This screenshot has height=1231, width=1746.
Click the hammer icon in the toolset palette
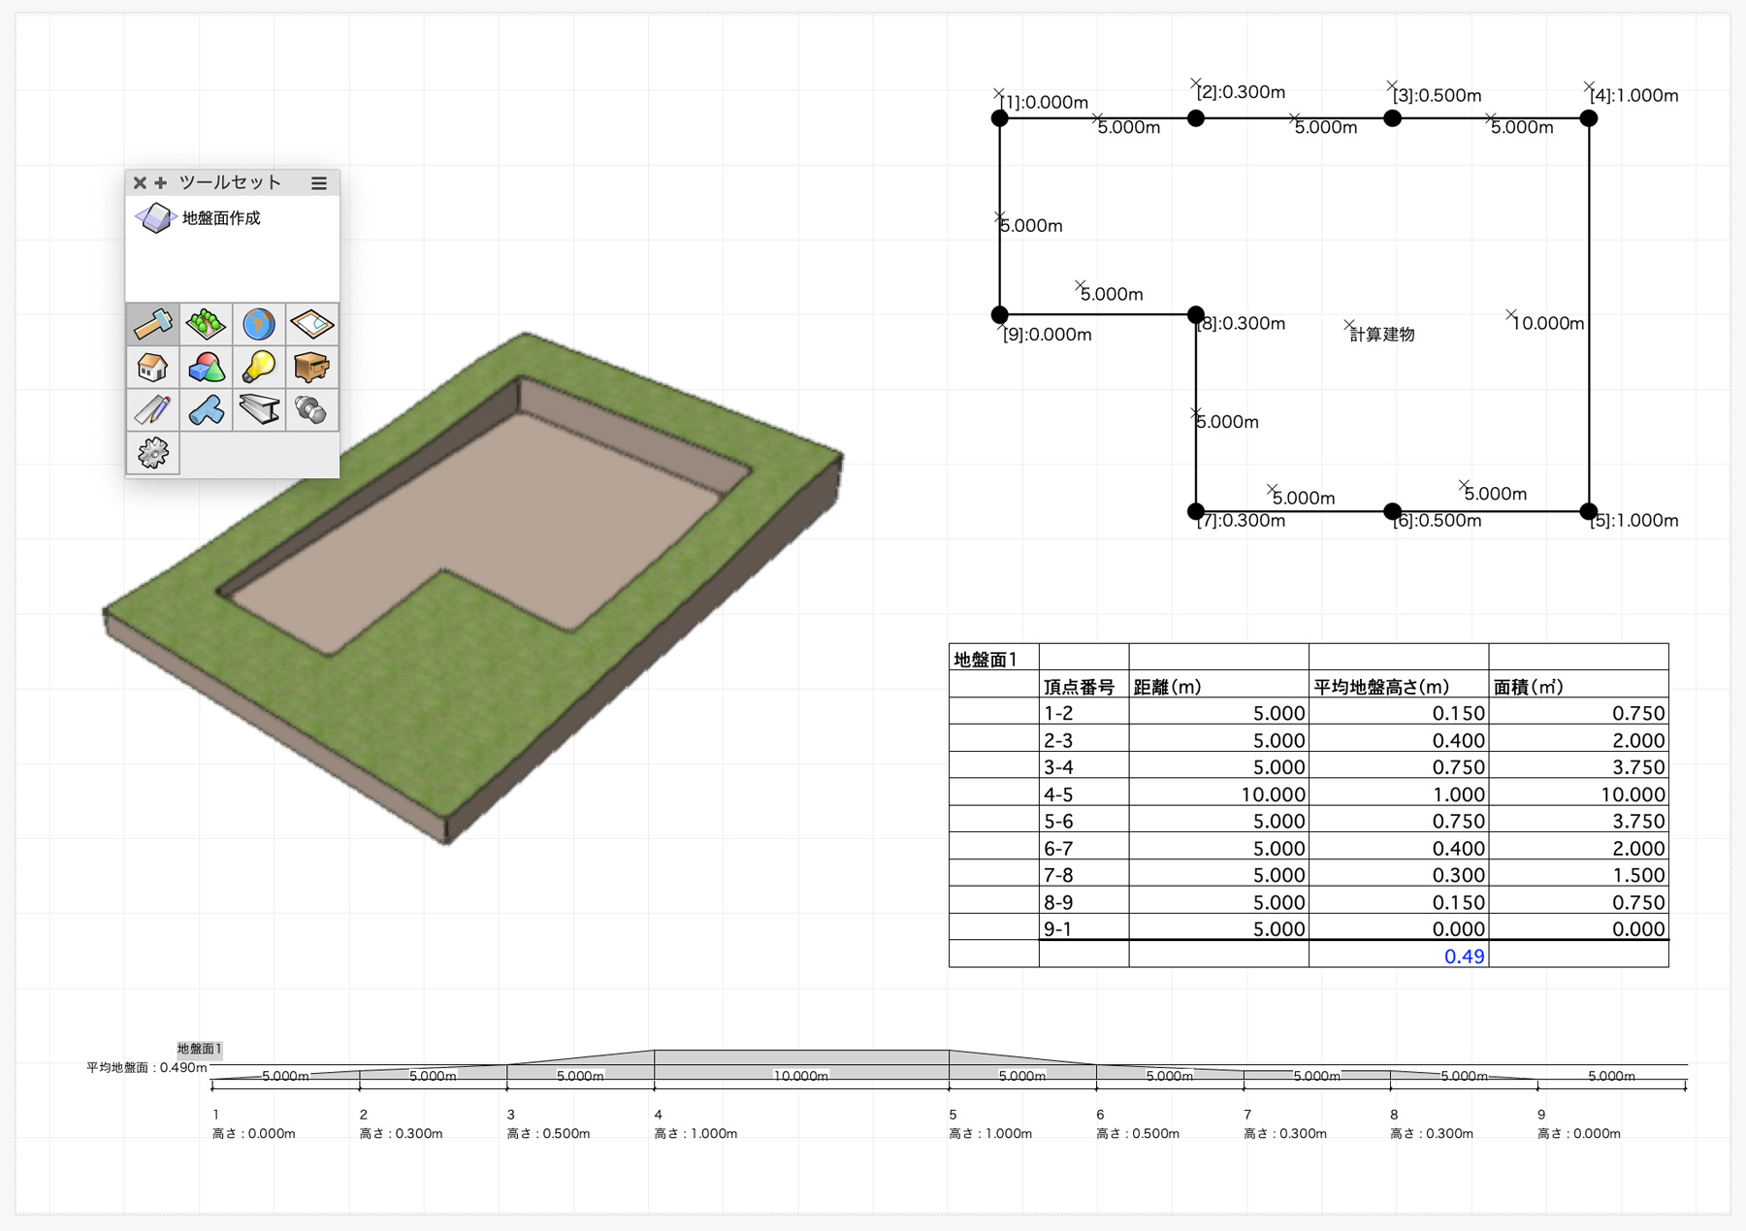tap(153, 324)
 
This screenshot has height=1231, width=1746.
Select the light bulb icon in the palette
tap(259, 367)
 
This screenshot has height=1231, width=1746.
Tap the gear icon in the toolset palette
tap(153, 452)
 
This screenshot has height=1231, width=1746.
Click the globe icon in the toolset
tap(259, 324)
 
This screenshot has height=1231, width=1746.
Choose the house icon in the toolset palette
tap(153, 368)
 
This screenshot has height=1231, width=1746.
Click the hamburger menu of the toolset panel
tap(319, 182)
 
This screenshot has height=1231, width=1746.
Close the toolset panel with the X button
tap(140, 182)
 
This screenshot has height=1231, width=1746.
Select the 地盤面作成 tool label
tap(221, 218)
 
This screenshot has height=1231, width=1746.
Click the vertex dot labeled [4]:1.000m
tap(1588, 118)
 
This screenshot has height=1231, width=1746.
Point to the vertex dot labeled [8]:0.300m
tap(1196, 314)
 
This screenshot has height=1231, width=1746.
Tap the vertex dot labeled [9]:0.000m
tap(1000, 314)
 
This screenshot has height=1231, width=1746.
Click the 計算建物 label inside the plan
tap(1382, 335)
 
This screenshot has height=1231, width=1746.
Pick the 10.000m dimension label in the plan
tap(1548, 323)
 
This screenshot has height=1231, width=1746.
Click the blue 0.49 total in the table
tap(1464, 956)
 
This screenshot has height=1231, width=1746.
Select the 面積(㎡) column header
tap(1529, 687)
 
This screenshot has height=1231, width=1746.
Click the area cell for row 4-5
tap(1633, 794)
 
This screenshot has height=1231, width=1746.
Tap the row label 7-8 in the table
tap(1058, 875)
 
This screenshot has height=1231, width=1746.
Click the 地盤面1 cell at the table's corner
tap(986, 660)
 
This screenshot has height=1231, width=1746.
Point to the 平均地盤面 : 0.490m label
tap(146, 1067)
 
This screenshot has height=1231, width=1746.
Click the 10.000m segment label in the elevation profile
tap(801, 1076)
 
